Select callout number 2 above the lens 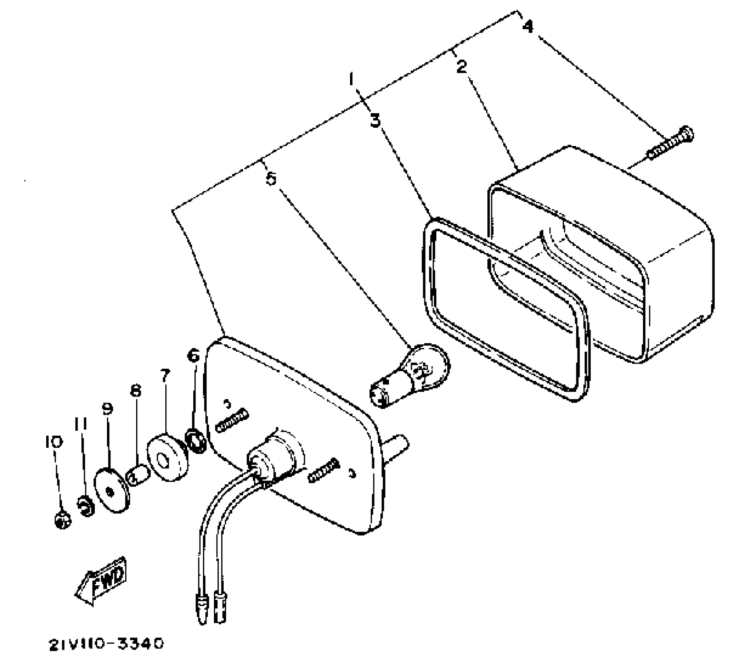coord(461,67)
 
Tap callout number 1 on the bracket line coord(352,80)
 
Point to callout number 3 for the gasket coord(375,121)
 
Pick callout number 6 coord(193,355)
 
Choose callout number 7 coord(165,376)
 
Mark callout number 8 coord(135,391)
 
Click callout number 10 coord(54,442)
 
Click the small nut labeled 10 coord(62,520)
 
